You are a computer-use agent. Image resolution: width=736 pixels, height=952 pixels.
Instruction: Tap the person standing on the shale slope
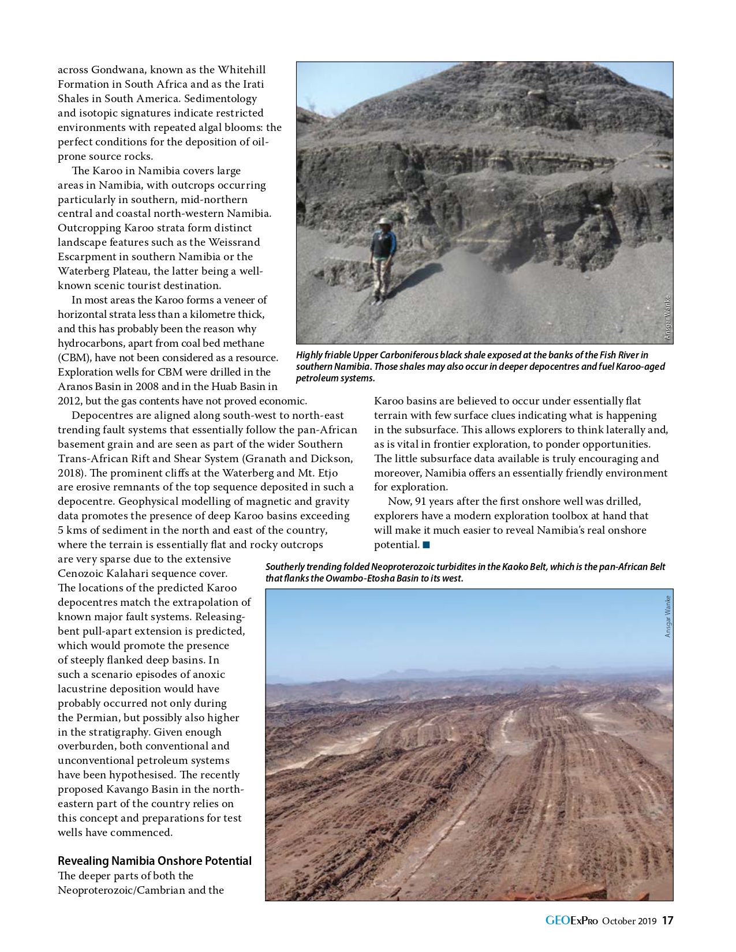coord(383,260)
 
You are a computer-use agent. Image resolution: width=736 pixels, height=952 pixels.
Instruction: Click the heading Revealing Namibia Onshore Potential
coord(154,861)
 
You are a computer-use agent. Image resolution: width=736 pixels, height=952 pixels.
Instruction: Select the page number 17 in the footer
coord(667,921)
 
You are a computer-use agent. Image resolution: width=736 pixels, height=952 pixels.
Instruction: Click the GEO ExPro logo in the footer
coord(571,921)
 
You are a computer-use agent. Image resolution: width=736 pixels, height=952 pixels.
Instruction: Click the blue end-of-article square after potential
coord(426,545)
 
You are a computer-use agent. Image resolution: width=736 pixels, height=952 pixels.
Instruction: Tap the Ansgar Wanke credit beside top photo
coord(667,317)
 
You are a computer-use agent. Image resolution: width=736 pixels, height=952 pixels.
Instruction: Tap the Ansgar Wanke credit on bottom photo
coord(668,616)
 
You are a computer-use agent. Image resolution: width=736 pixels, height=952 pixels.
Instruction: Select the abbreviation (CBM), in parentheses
coord(74,358)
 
